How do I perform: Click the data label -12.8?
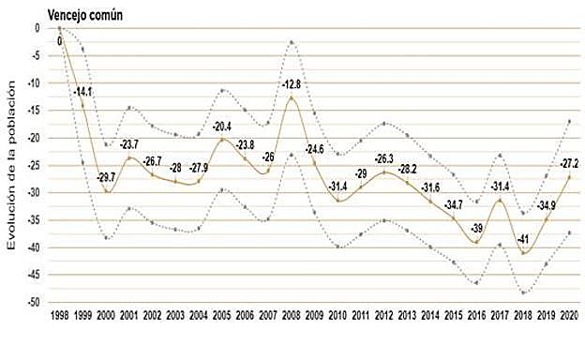[x=292, y=84]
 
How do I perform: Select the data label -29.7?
[x=107, y=177]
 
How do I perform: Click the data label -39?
[x=476, y=228]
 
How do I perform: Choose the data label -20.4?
[x=222, y=127]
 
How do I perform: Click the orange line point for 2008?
[x=292, y=98]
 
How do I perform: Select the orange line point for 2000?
[x=106, y=191]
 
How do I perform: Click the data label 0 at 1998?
[x=60, y=40]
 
